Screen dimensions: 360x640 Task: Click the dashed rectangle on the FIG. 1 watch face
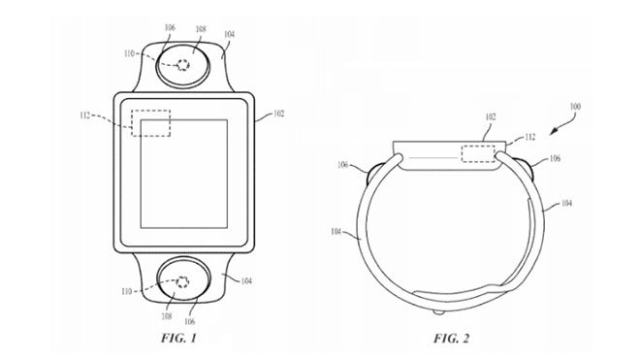(x=151, y=122)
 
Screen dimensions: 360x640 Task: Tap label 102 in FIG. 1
(x=278, y=114)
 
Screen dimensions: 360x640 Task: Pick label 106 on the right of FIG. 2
(x=555, y=157)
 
